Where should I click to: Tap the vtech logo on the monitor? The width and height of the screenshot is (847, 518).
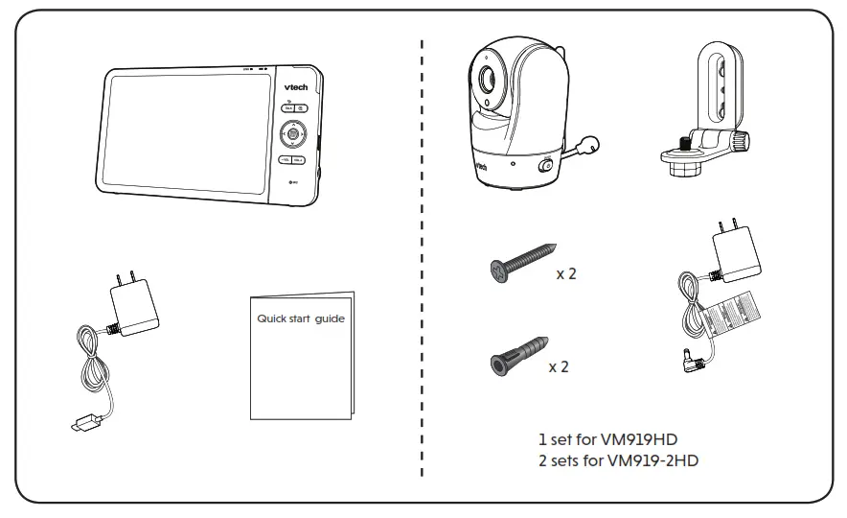(294, 84)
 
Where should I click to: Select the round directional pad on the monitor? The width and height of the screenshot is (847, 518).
(293, 133)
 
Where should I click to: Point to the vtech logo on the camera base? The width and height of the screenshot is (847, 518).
(482, 168)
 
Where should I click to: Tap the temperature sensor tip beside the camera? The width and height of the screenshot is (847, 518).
(593, 144)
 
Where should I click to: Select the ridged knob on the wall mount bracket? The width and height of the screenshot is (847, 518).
(740, 142)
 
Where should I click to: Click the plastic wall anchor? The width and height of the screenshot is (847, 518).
(518, 357)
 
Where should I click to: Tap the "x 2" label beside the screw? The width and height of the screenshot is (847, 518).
(566, 273)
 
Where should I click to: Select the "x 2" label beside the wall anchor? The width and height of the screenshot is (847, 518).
(559, 367)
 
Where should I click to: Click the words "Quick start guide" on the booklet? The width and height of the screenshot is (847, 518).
(300, 318)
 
